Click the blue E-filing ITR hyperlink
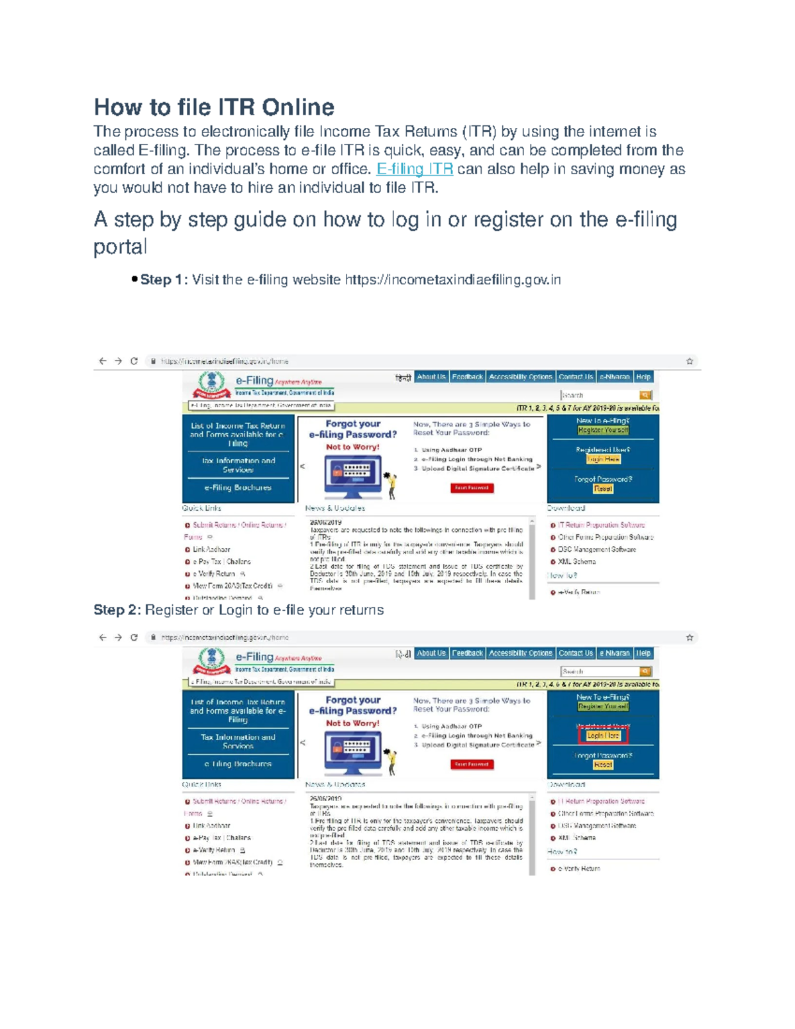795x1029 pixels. [x=415, y=169]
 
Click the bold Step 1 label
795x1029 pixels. [x=164, y=280]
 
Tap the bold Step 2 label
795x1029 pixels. [x=117, y=610]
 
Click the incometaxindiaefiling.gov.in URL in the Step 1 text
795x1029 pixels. [x=452, y=280]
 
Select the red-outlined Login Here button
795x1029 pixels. [x=603, y=735]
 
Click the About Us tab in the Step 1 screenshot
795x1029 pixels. [x=431, y=377]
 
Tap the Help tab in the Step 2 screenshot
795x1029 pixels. [x=643, y=653]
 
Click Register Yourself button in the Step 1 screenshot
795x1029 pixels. [x=603, y=430]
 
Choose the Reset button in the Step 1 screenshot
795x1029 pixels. [x=603, y=488]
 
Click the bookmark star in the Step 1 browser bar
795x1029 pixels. [x=690, y=361]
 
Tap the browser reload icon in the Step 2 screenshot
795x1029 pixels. [x=134, y=637]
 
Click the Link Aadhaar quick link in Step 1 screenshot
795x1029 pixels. [x=211, y=549]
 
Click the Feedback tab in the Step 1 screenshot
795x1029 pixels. [x=467, y=377]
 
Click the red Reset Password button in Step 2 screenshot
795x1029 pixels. [x=472, y=764]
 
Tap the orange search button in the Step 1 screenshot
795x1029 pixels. [x=645, y=395]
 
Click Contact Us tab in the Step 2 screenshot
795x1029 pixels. [x=576, y=653]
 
